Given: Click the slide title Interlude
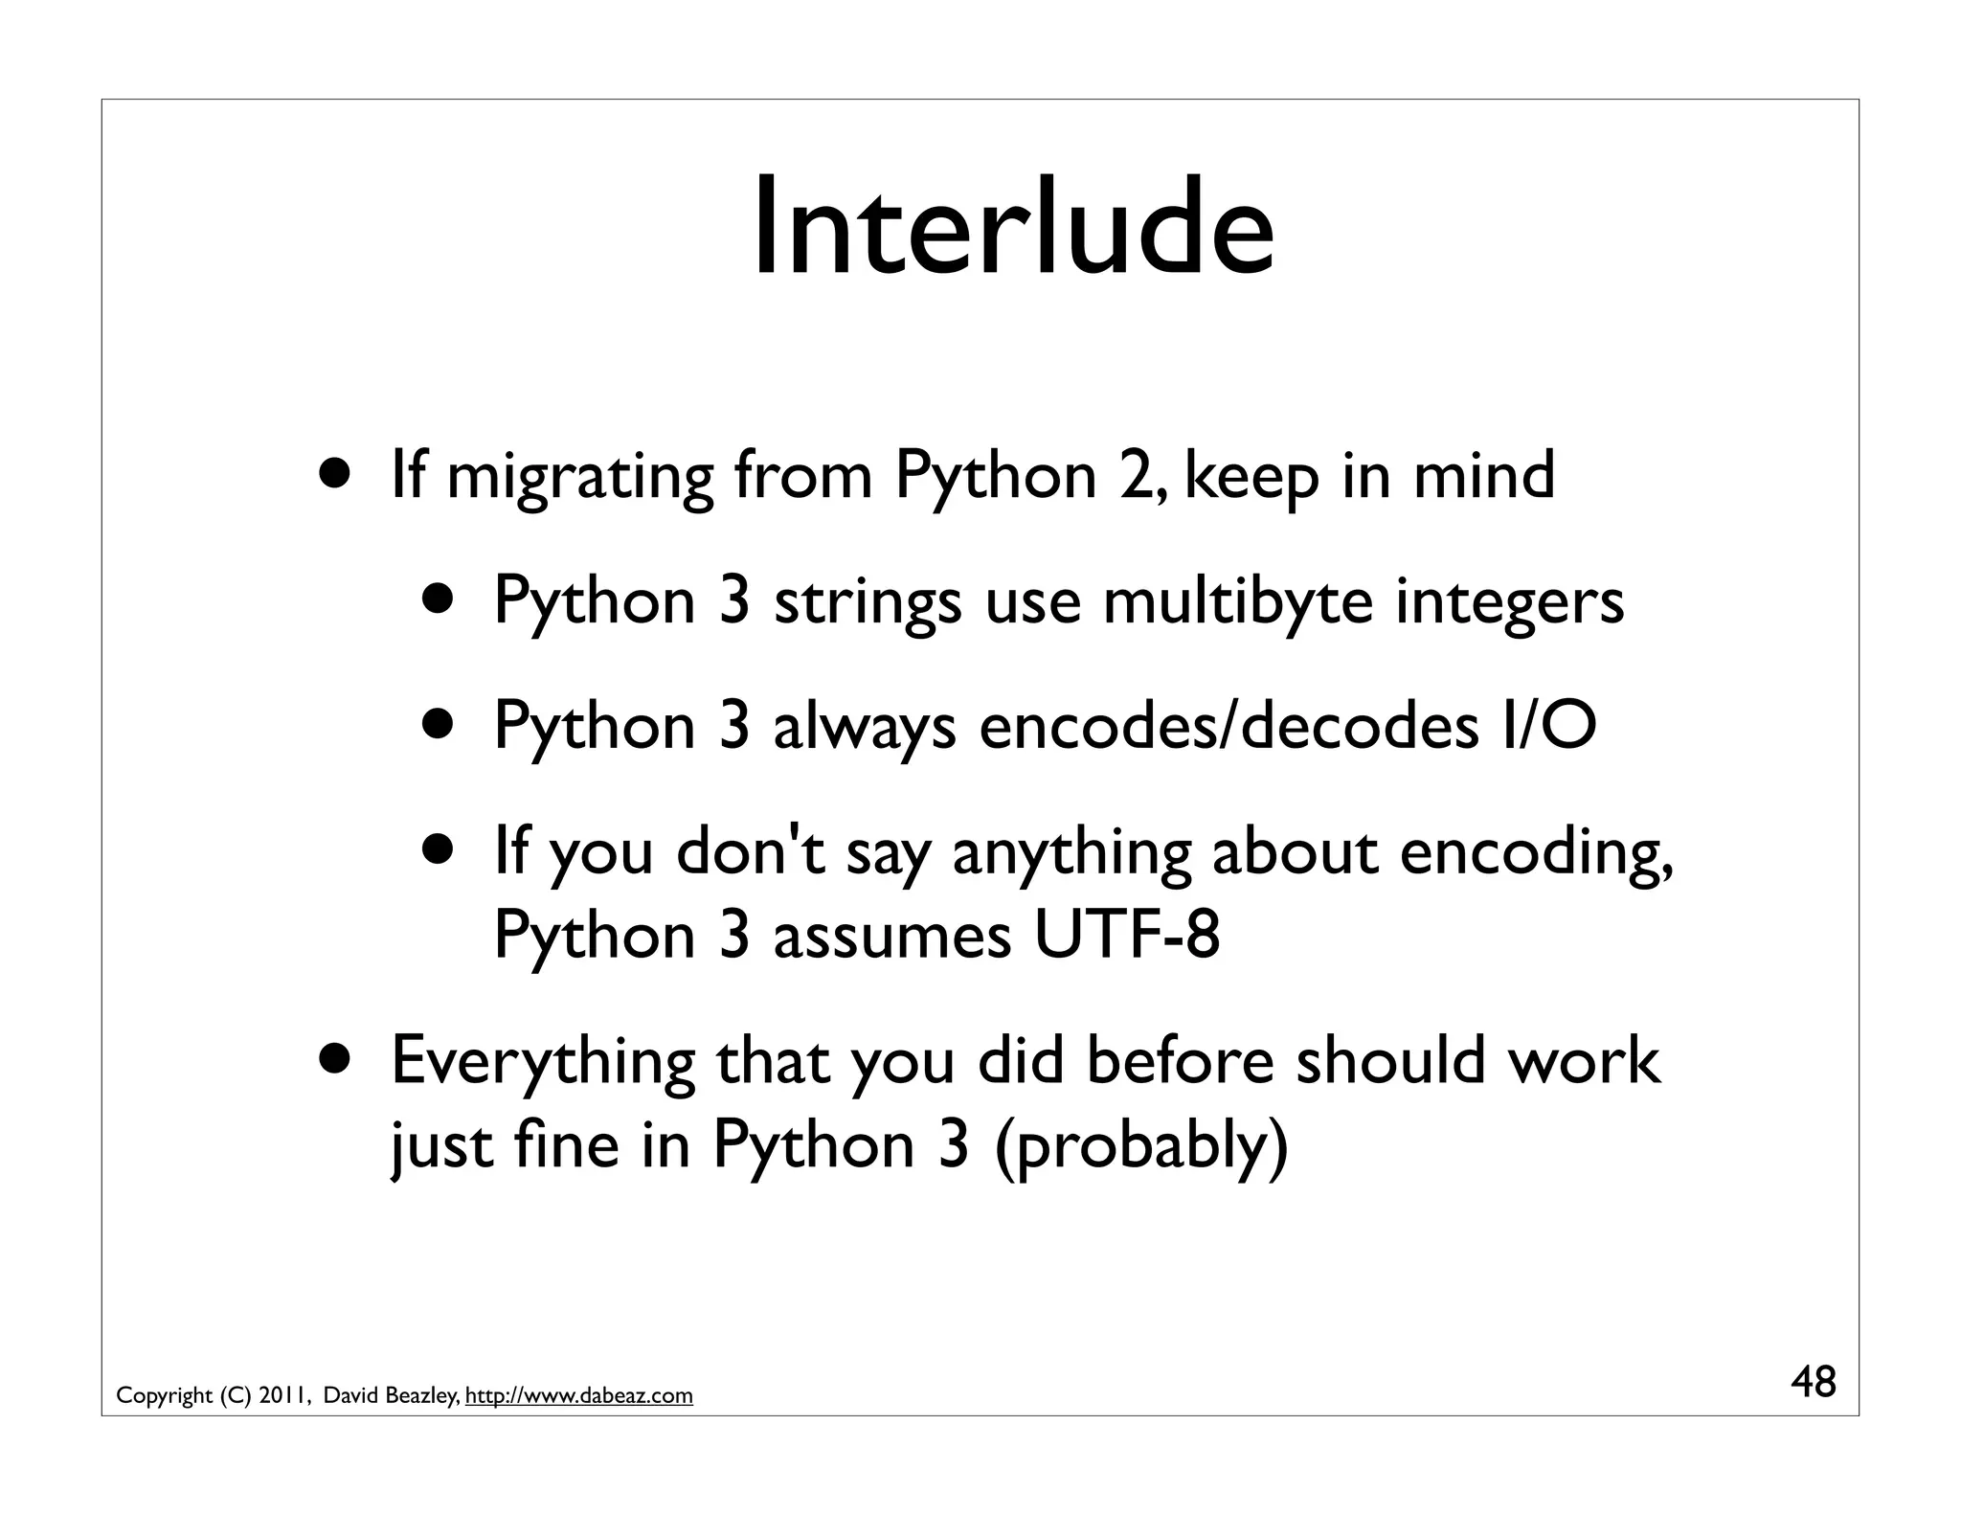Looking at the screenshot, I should pos(1012,228).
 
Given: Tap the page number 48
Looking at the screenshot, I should pos(1813,1383).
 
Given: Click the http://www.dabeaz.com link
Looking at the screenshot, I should pos(578,1395).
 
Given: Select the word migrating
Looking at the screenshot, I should pos(580,477).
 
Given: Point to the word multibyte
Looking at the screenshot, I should pos(1238,602).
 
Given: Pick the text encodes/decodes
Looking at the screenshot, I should pos(1228,726).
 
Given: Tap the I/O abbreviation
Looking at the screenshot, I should pos(1549,726).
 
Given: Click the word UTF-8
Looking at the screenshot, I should pos(1127,935).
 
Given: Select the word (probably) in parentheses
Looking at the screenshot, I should pos(1142,1144).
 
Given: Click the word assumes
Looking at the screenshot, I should pos(891,935).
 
